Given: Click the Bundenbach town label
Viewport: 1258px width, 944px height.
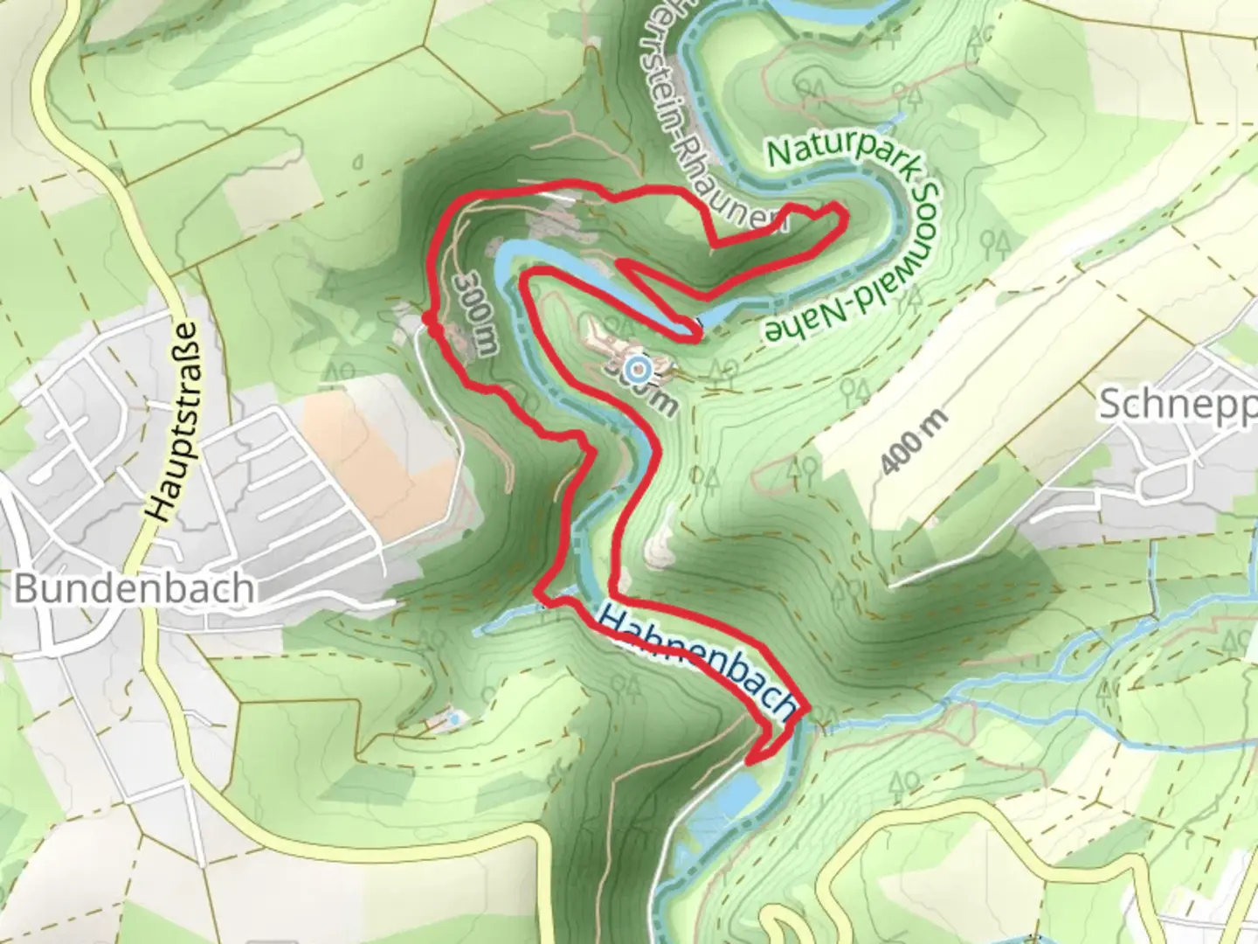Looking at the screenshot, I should click(x=135, y=588).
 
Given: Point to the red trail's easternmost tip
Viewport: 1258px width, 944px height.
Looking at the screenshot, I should click(x=841, y=210).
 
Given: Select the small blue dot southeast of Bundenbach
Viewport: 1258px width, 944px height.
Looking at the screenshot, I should click(x=453, y=718).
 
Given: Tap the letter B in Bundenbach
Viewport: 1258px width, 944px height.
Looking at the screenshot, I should click(x=26, y=588).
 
